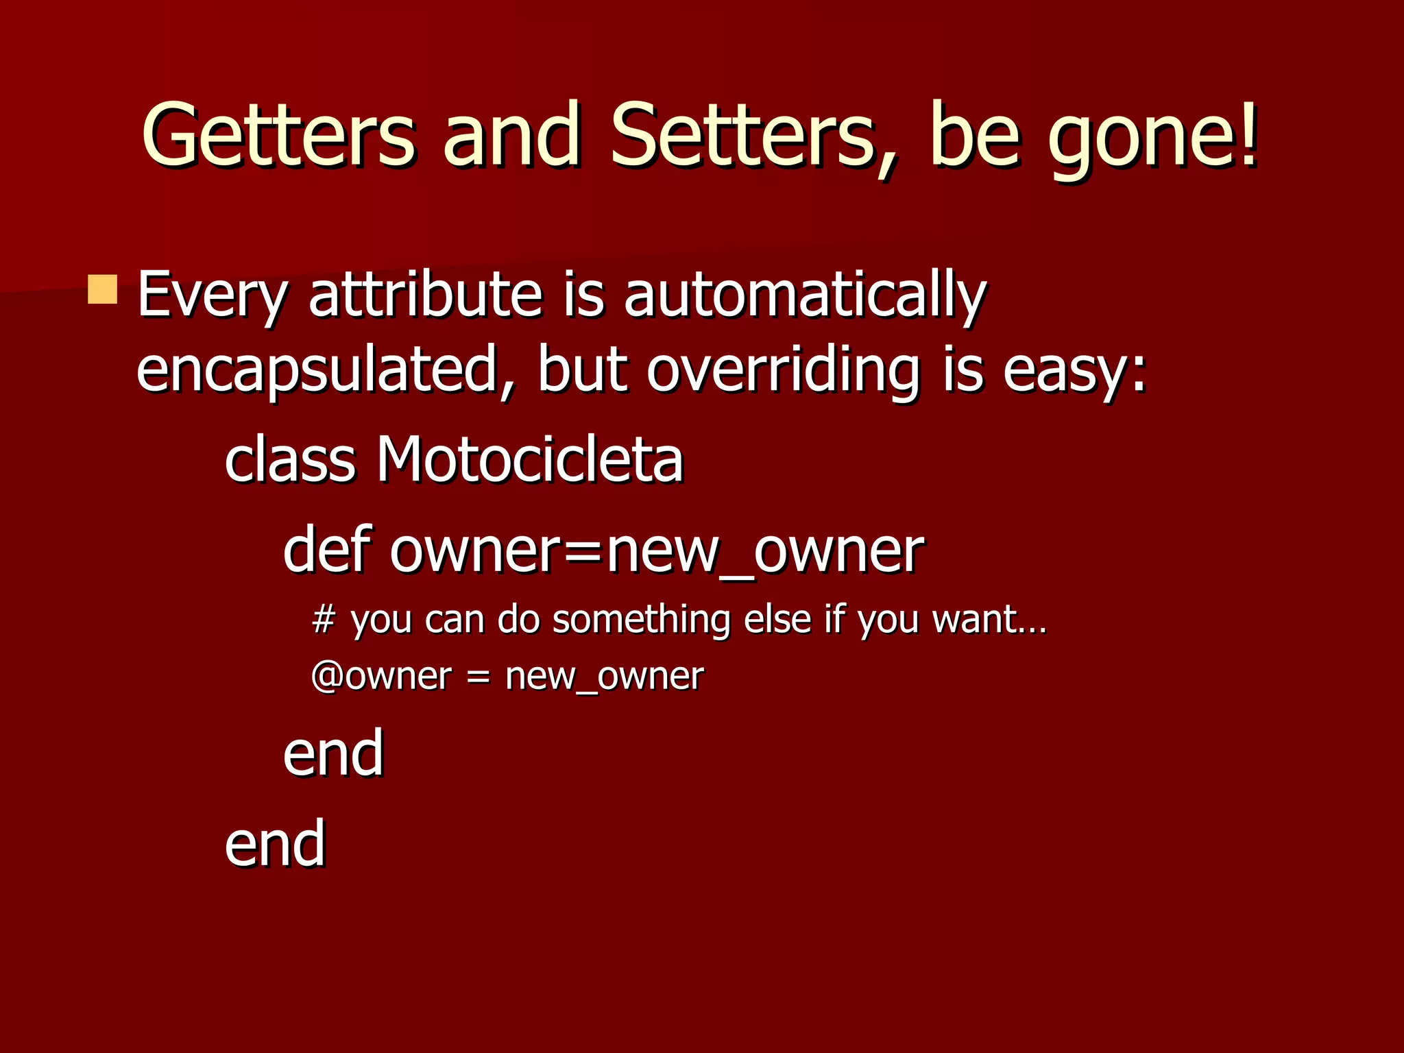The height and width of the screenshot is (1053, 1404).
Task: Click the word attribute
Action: (426, 295)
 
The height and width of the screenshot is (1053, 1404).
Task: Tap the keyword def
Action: (326, 550)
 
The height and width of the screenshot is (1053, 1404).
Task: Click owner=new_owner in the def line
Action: (657, 551)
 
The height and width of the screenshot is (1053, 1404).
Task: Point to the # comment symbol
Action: (324, 619)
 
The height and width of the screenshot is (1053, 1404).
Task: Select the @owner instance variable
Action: (381, 676)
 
